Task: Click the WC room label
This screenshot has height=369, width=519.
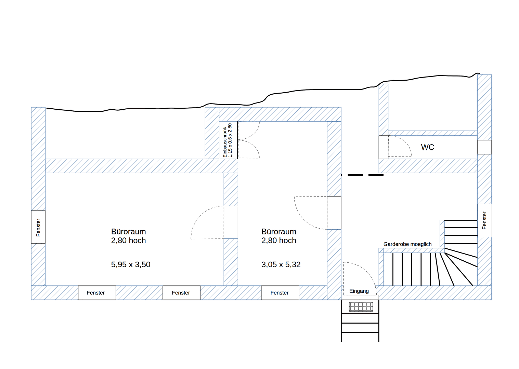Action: pyautogui.click(x=427, y=147)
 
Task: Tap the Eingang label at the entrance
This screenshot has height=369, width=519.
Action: pyautogui.click(x=359, y=291)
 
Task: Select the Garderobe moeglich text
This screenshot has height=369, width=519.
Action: pyautogui.click(x=407, y=244)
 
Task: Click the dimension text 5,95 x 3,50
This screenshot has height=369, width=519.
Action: pyautogui.click(x=131, y=264)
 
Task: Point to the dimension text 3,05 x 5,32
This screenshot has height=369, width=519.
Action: pyautogui.click(x=281, y=264)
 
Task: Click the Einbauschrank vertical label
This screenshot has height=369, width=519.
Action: pyautogui.click(x=228, y=140)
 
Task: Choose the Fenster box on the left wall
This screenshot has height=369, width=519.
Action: pyautogui.click(x=38, y=227)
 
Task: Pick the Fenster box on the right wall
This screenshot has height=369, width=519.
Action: pyautogui.click(x=484, y=220)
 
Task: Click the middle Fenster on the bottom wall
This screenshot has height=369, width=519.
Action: pyautogui.click(x=181, y=293)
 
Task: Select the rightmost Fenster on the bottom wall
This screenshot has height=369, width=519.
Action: pyautogui.click(x=280, y=293)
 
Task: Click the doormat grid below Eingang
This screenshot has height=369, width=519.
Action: pyautogui.click(x=361, y=306)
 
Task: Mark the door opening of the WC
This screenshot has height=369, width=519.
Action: pyautogui.click(x=384, y=147)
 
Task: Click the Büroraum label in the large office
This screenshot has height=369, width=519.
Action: pyautogui.click(x=129, y=232)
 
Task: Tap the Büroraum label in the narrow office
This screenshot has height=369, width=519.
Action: pyautogui.click(x=279, y=232)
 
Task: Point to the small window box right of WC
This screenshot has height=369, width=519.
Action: pyautogui.click(x=484, y=147)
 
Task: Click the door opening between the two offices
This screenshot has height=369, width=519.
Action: pyautogui.click(x=231, y=222)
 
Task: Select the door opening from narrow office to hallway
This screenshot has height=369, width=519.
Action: pyautogui.click(x=334, y=213)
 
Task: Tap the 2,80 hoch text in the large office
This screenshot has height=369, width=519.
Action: pyautogui.click(x=129, y=241)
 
